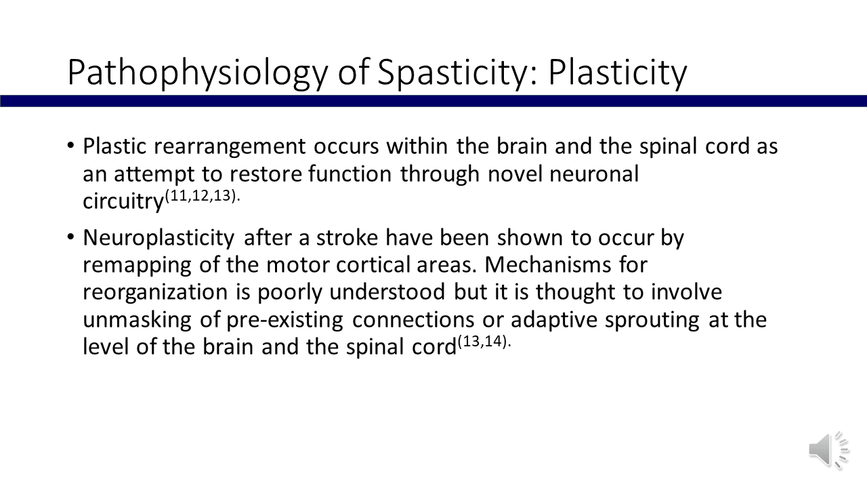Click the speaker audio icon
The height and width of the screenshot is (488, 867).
click(x=828, y=451)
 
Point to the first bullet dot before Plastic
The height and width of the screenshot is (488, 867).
click(x=70, y=146)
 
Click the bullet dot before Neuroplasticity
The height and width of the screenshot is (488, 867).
click(x=70, y=237)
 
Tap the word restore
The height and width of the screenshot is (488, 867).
click(x=266, y=174)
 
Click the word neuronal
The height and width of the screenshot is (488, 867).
click(x=594, y=174)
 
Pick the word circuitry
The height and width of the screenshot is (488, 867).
click(x=123, y=201)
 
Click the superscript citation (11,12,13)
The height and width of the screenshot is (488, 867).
click(x=203, y=196)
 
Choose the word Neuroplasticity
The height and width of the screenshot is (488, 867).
click(x=158, y=239)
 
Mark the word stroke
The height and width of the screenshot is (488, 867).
click(x=347, y=237)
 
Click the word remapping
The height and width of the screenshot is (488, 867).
click(x=138, y=266)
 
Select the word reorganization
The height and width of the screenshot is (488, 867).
click(x=155, y=293)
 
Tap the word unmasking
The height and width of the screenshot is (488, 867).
click(x=138, y=321)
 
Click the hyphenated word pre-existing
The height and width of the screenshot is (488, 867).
click(x=284, y=321)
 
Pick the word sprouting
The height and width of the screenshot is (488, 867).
click(x=652, y=321)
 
